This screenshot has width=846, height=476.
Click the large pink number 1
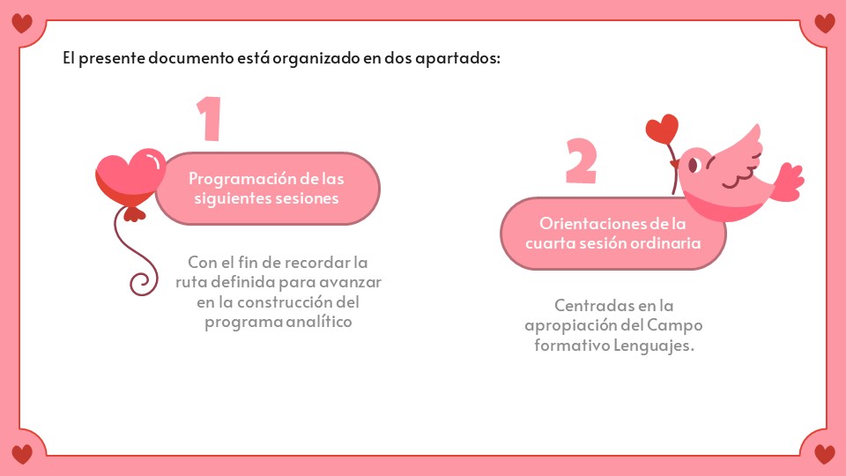(x=210, y=119)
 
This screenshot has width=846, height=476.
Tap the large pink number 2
(x=581, y=160)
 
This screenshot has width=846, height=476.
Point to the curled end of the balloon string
(x=142, y=283)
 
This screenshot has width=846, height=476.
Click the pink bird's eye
(x=694, y=165)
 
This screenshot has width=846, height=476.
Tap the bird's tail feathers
(x=788, y=182)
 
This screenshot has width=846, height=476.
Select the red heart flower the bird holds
(x=662, y=129)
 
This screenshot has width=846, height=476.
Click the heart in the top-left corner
(x=22, y=23)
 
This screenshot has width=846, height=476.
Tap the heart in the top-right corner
(x=825, y=23)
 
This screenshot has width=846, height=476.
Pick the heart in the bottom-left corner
(x=22, y=454)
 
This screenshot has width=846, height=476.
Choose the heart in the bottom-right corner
(x=825, y=454)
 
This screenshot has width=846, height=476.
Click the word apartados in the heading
(x=457, y=58)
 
